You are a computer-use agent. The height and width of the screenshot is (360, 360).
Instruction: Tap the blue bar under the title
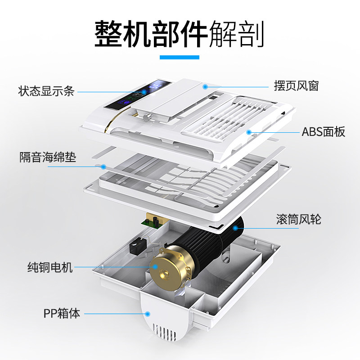[x=180, y=57]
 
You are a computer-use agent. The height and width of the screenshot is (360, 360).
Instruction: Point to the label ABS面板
[x=323, y=132]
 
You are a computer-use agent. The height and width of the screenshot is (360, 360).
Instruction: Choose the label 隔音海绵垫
[x=48, y=157]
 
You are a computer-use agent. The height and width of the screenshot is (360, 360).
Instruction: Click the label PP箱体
[x=62, y=313]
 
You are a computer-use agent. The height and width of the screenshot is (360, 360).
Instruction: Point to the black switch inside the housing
[x=134, y=247]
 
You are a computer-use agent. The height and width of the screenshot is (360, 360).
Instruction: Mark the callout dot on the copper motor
[x=156, y=267]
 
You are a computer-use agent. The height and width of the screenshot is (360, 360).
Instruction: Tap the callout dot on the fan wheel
[x=235, y=228]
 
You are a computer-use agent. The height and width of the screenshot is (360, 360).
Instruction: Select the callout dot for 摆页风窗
[x=205, y=85]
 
